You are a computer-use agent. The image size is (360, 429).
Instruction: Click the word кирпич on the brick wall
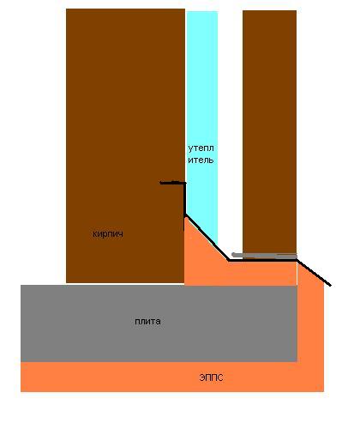point(108,234)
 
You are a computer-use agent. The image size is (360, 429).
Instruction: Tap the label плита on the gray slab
point(147,321)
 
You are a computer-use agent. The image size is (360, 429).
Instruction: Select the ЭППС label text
point(211,378)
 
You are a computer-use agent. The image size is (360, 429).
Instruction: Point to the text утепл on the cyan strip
point(201,148)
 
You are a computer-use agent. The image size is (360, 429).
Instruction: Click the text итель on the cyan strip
point(201,160)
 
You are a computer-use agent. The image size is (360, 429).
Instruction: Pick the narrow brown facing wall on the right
point(269,133)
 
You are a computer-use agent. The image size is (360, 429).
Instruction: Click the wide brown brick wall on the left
point(125,114)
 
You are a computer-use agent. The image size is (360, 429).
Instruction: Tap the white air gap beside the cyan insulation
point(230,129)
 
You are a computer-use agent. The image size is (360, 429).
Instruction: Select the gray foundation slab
point(159,323)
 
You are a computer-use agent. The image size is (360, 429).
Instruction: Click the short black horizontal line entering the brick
point(172,183)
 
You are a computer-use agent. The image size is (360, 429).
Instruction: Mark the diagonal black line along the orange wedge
point(207,237)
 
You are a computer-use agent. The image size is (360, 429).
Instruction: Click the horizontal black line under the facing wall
point(263,260)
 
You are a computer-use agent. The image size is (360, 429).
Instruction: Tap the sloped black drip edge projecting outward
point(314,273)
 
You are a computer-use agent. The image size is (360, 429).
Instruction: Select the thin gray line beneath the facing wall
point(264,256)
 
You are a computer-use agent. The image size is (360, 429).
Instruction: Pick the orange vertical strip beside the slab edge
point(310,326)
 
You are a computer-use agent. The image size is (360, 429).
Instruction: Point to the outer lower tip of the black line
point(331,286)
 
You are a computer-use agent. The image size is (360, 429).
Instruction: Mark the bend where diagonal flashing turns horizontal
point(229,260)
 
